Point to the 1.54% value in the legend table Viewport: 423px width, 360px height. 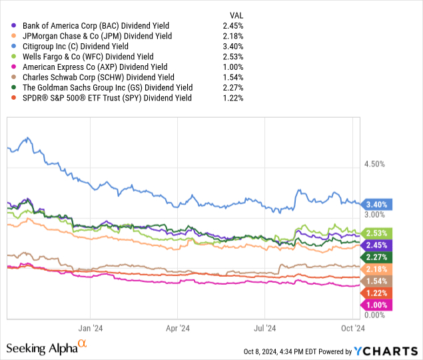click(235, 77)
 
